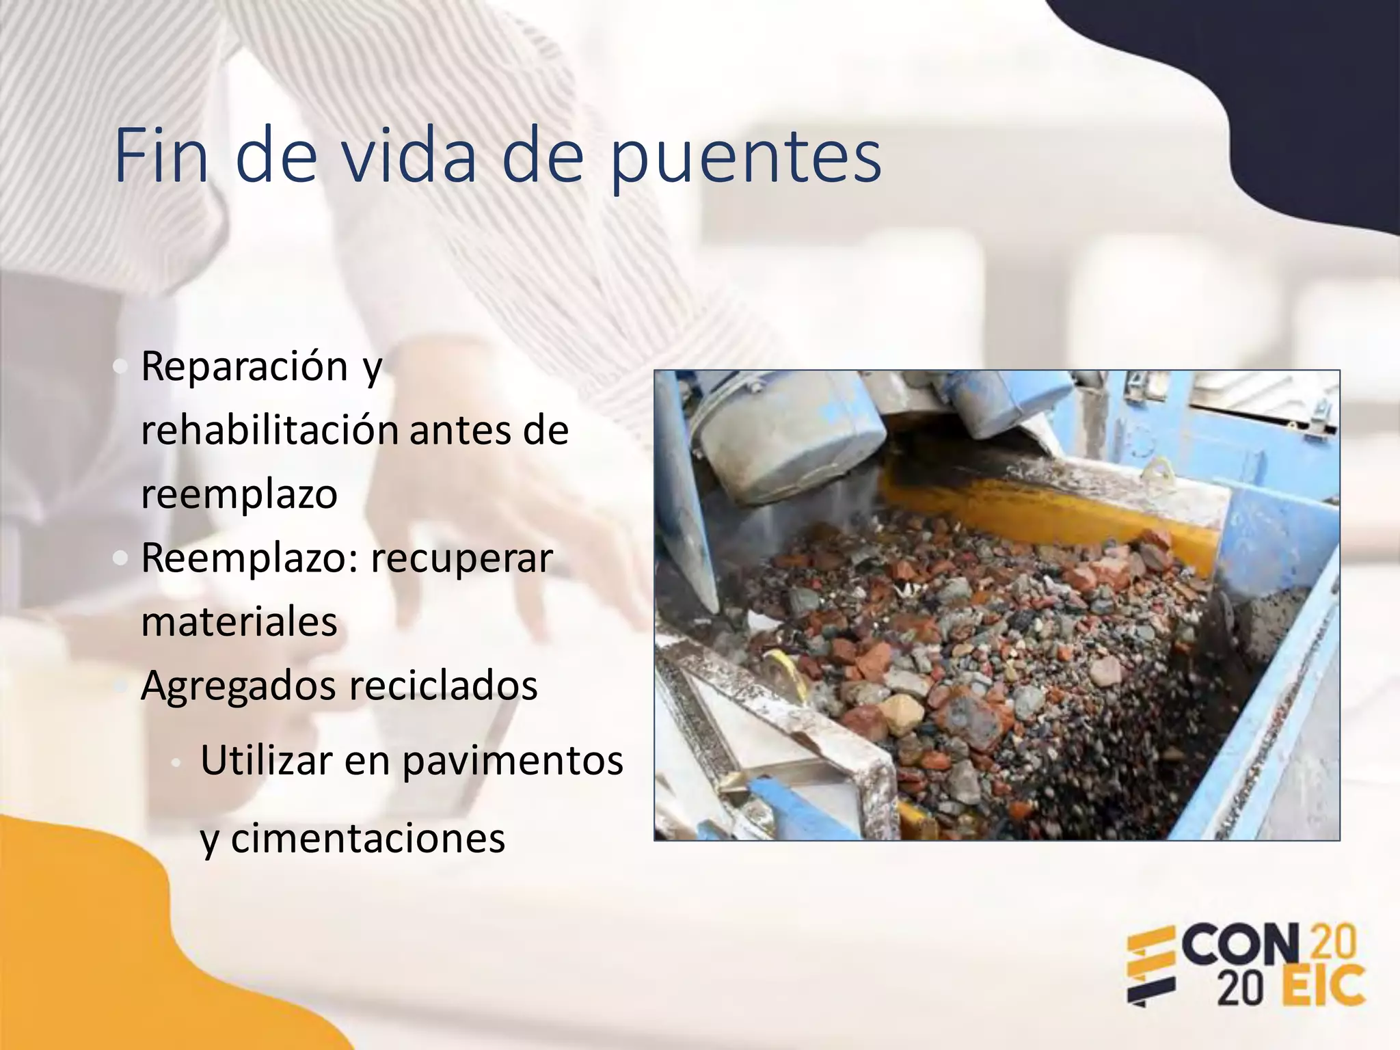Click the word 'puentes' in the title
pos(745,159)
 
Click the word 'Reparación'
pos(245,366)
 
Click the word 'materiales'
pos(239,622)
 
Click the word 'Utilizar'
pos(266,760)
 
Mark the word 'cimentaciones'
pos(368,838)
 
